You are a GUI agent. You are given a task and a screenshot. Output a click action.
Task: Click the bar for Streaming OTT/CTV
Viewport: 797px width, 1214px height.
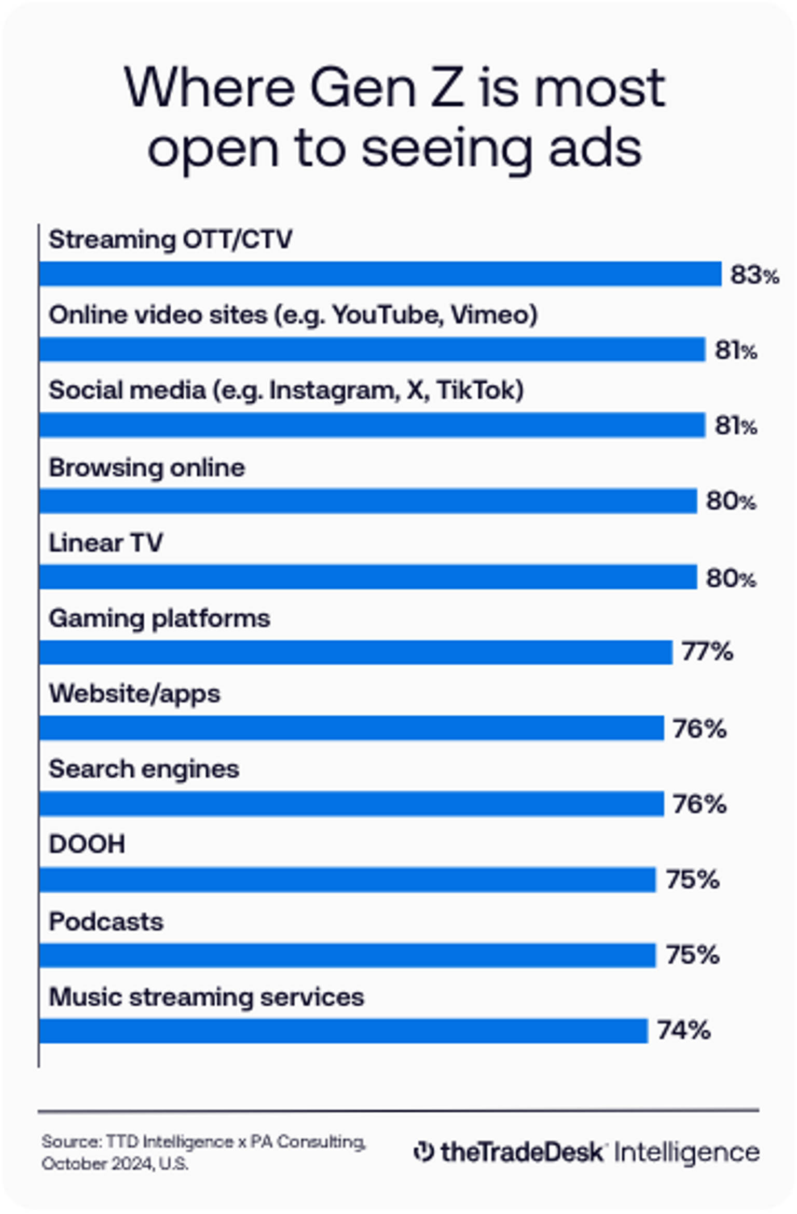[380, 274]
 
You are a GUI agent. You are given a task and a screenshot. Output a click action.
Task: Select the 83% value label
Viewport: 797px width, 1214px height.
[754, 275]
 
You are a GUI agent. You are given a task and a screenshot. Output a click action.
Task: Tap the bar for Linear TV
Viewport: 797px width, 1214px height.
[368, 577]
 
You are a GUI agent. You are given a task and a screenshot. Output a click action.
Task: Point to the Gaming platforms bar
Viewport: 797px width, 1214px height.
[356, 652]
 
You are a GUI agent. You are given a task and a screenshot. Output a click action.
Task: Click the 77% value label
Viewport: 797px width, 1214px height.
[707, 651]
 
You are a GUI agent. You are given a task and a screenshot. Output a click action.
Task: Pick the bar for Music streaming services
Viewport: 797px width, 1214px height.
[343, 1031]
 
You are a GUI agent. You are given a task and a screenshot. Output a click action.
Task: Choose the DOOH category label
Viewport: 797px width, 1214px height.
[87, 844]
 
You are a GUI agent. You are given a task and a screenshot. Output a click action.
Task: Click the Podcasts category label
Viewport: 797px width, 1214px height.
[106, 922]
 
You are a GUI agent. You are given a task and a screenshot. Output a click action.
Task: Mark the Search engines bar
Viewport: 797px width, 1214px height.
[351, 804]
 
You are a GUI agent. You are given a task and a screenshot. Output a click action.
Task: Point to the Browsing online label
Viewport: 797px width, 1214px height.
[147, 467]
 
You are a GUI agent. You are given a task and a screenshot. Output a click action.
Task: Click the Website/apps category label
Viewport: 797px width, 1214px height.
[134, 694]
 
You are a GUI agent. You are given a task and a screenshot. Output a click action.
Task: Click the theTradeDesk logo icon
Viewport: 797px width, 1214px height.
[423, 1151]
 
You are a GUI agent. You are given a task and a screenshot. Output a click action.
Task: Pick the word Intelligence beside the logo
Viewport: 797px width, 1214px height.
[686, 1151]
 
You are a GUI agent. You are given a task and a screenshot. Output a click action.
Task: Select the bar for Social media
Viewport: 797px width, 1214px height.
[372, 425]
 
